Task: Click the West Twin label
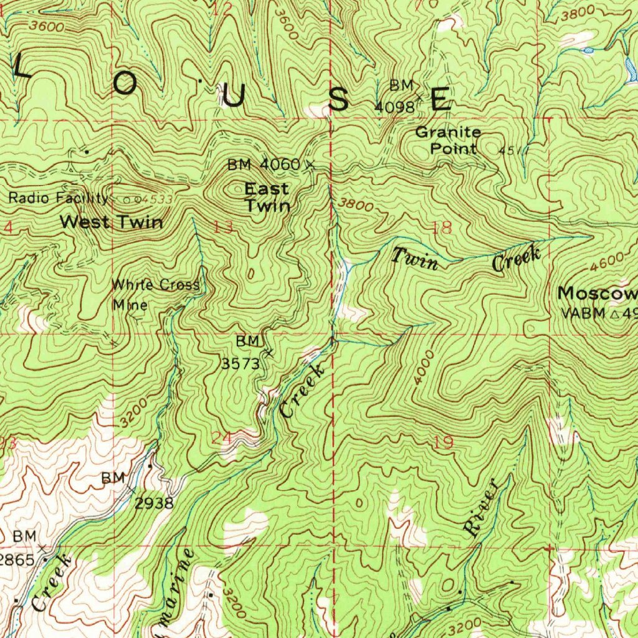point(112,222)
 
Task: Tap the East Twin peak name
point(267,197)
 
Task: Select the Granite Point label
point(448,140)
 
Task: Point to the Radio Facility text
point(59,198)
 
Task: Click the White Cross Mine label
point(155,295)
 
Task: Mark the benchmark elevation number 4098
point(394,107)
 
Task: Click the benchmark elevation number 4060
point(280,164)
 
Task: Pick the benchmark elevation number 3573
point(240,364)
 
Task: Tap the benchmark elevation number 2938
point(154,503)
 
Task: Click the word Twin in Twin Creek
point(416,258)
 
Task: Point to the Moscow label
point(597,293)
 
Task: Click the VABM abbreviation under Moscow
point(581,313)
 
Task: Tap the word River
point(481,508)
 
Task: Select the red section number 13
point(222,227)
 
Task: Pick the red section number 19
point(444,443)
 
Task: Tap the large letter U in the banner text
point(233,97)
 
